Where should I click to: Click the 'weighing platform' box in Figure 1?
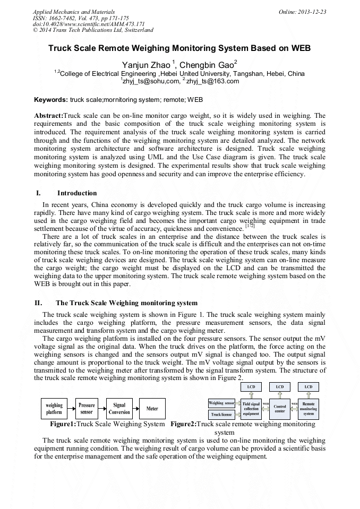[54, 409]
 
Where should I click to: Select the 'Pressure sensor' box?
[87, 409]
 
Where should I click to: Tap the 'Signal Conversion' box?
[119, 409]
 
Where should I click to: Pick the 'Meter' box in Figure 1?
[152, 409]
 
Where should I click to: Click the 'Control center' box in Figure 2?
[280, 409]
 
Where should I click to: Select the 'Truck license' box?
[221, 414]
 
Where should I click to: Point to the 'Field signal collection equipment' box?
[252, 409]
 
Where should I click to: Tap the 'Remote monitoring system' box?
[308, 409]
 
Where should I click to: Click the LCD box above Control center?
[280, 387]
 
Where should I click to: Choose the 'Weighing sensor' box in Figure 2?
[221, 403]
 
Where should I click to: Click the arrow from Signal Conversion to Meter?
[136, 409]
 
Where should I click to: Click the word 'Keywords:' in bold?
[51, 99]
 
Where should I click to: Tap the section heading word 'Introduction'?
[77, 193]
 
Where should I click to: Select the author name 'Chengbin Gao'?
[207, 65]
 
